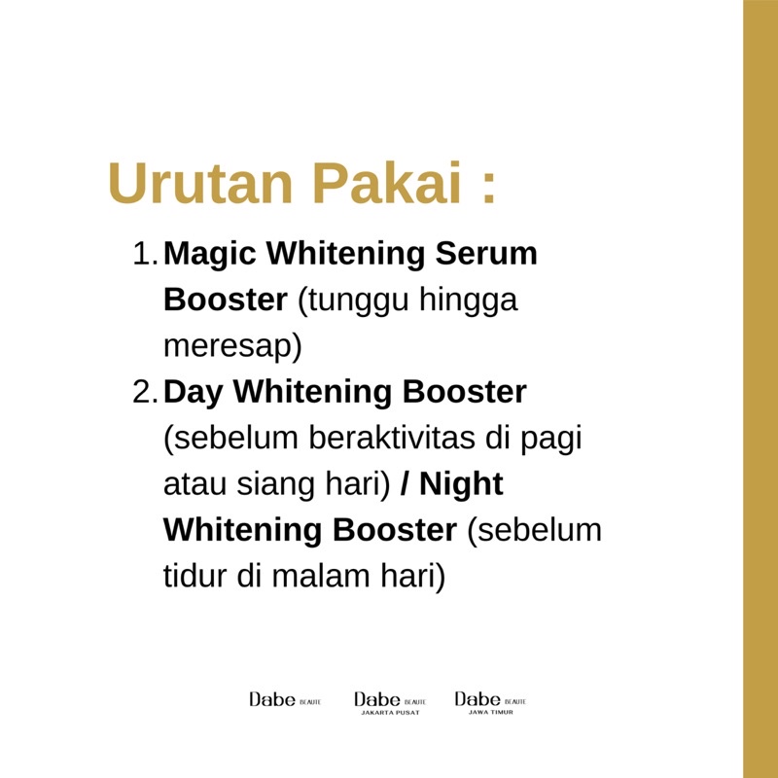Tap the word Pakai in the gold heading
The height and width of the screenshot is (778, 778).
point(383,182)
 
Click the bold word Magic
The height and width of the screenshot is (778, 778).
point(212,255)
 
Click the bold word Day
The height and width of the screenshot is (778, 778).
point(196,393)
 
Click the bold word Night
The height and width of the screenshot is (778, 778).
point(463,485)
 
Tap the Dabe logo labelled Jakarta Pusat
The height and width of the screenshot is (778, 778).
point(390,703)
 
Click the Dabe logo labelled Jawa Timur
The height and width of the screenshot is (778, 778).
point(490,703)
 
